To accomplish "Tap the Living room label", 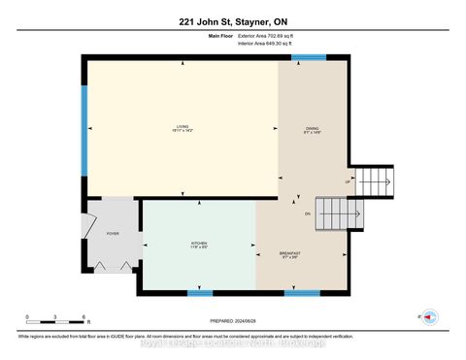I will pos(182,128).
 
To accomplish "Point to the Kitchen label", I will pos(198,244).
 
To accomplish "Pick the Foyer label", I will pos(113,234).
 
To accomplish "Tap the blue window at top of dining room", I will pos(309,57).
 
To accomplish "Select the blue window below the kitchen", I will pos(199,291).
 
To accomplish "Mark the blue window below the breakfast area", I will pos(302,291).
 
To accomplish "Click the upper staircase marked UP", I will pos(371,180).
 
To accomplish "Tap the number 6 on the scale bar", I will pos(84,317).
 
